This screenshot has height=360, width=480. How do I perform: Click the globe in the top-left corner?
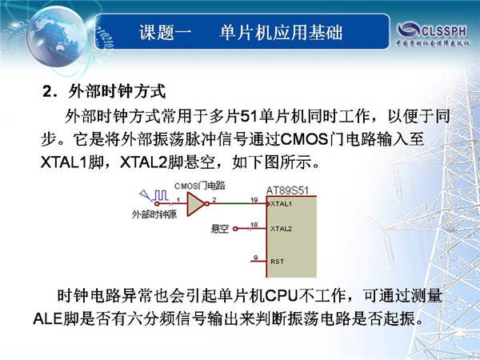56,38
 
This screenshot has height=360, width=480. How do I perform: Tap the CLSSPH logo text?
444,31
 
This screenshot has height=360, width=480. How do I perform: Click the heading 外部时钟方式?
117,91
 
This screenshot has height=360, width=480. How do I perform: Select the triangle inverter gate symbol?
196,204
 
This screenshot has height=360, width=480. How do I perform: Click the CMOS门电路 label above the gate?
199,186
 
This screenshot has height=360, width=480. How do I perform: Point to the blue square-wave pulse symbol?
161,195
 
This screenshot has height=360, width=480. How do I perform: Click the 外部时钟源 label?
154,214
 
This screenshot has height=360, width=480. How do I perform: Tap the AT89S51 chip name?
287,190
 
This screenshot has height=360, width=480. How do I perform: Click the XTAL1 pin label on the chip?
281,204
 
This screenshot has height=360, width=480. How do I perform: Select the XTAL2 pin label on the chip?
281,229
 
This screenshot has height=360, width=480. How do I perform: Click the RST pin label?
277,262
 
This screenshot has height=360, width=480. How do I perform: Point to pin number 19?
254,200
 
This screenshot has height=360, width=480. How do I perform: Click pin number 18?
254,225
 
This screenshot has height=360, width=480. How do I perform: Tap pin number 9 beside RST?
256,258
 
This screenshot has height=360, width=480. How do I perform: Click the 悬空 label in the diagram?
220,229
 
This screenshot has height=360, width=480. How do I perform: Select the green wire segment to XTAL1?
236,203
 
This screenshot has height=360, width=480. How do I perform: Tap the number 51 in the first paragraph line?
249,117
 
